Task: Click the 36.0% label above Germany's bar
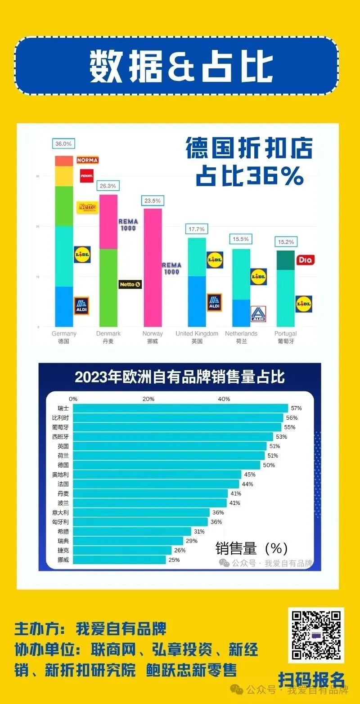click(x=63, y=144)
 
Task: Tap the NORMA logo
click(x=87, y=160)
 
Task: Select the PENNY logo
click(x=86, y=175)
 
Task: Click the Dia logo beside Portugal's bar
click(x=305, y=260)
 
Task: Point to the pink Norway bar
click(x=153, y=267)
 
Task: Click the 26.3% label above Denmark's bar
click(x=108, y=186)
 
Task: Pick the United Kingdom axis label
click(x=197, y=334)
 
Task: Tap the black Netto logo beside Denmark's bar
click(x=130, y=284)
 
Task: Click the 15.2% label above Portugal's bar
click(x=285, y=242)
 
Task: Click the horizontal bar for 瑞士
click(x=180, y=408)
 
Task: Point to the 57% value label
click(x=296, y=408)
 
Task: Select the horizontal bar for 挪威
click(x=119, y=560)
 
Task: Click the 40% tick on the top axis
click(x=224, y=399)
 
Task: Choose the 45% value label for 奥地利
click(x=249, y=475)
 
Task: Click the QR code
click(x=315, y=635)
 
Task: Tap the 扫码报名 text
click(x=311, y=679)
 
